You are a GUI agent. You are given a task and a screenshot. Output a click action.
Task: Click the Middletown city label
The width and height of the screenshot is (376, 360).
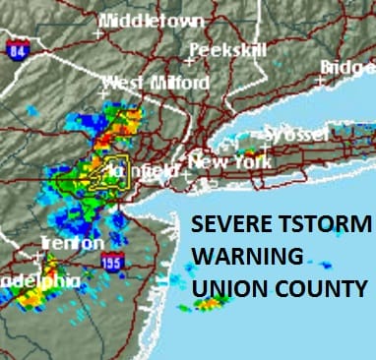(152, 21)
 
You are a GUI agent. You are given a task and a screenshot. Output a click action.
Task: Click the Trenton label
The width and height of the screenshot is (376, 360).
(71, 242)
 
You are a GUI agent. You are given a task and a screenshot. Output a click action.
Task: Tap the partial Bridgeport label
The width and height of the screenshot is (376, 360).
(348, 66)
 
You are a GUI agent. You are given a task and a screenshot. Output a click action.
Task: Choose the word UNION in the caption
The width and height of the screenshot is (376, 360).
(228, 289)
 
